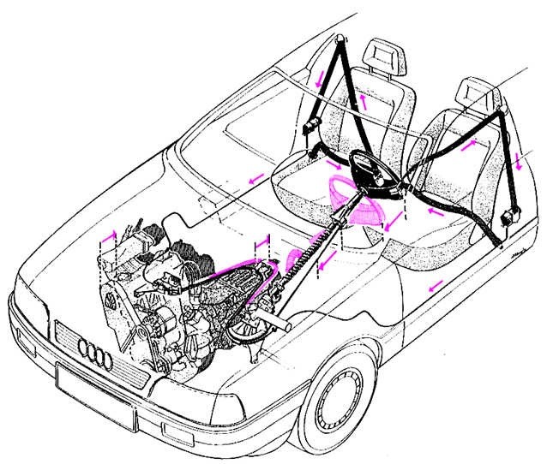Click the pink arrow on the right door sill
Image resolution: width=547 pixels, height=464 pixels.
[436, 283]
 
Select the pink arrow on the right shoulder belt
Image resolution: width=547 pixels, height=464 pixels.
[470, 146]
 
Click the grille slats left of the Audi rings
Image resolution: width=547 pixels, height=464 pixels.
[65, 335]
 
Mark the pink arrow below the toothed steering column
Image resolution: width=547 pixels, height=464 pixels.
[321, 268]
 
